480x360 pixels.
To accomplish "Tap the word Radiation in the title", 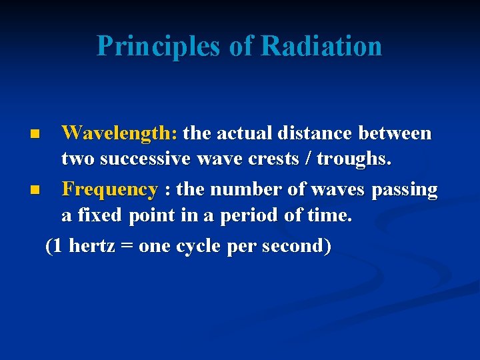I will pos(321,46).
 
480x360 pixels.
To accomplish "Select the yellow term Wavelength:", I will pos(119,133).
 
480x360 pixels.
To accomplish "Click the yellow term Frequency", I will pos(109,190).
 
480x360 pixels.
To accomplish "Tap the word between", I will pos(395,133).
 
